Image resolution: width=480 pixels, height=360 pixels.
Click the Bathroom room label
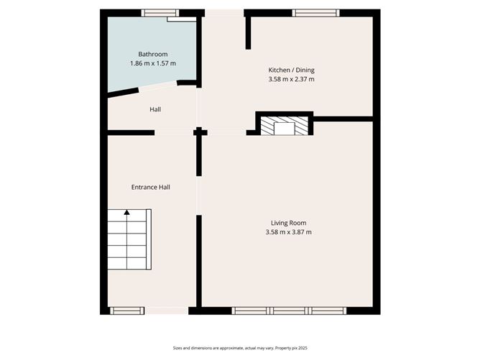153,54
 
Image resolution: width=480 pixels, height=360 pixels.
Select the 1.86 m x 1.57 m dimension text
153,63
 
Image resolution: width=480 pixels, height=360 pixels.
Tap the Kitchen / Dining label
291,70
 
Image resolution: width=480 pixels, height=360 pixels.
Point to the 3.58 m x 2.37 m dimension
291,79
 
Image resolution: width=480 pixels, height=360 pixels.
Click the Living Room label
288,223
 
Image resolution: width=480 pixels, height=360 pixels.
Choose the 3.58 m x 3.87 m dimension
288,232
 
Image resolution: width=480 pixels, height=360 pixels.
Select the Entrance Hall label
150,187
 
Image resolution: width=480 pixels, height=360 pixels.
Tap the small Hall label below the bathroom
155,109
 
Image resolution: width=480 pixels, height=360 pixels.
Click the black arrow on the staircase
126,212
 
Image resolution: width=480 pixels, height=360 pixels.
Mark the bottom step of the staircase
128,263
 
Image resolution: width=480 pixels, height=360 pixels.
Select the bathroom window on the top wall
160,12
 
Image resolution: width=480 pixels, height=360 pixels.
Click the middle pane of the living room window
290,310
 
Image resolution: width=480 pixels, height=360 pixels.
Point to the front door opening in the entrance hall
167,310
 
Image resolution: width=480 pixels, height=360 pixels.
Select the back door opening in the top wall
223,12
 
